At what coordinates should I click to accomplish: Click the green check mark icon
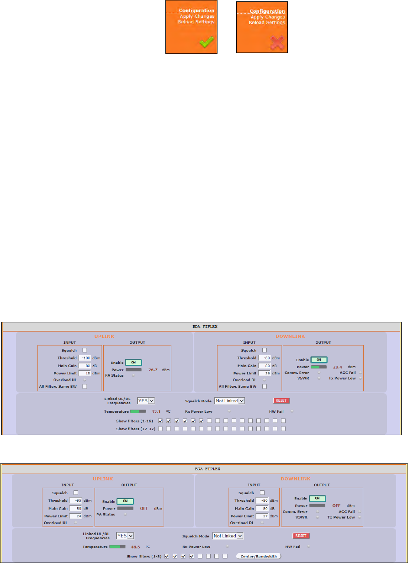click(206, 42)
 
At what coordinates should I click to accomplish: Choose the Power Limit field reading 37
click(262, 503)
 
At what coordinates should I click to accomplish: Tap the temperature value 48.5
click(135, 546)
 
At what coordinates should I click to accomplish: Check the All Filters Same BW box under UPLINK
click(85, 386)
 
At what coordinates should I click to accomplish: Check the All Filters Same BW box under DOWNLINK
click(264, 386)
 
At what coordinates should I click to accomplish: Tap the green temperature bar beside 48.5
click(117, 546)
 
